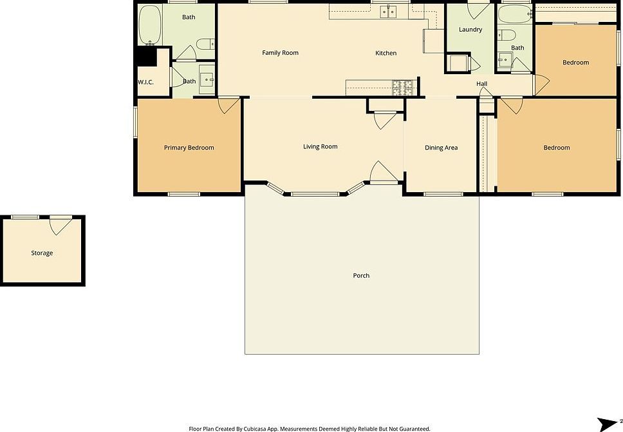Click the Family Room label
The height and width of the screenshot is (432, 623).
pyautogui.click(x=280, y=53)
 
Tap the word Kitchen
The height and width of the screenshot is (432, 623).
pyautogui.click(x=386, y=53)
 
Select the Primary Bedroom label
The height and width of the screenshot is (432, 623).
pyautogui.click(x=189, y=148)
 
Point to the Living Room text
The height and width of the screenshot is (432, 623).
pyautogui.click(x=320, y=147)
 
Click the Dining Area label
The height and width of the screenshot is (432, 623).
pyautogui.click(x=441, y=148)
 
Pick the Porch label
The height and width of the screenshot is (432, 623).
pyautogui.click(x=361, y=276)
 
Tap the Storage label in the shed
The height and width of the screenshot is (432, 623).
pyautogui.click(x=42, y=253)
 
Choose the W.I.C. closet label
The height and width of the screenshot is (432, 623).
pyautogui.click(x=145, y=82)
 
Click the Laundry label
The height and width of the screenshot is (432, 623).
pyautogui.click(x=470, y=30)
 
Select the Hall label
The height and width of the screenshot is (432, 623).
pyautogui.click(x=481, y=84)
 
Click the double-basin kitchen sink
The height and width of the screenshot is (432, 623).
pyautogui.click(x=388, y=11)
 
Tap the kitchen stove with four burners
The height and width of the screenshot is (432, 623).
pyautogui.click(x=403, y=87)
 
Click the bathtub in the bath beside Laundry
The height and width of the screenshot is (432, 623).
pyautogui.click(x=514, y=14)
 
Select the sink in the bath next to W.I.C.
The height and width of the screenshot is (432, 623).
pyautogui.click(x=207, y=80)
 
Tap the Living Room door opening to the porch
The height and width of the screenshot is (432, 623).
pyautogui.click(x=380, y=171)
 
